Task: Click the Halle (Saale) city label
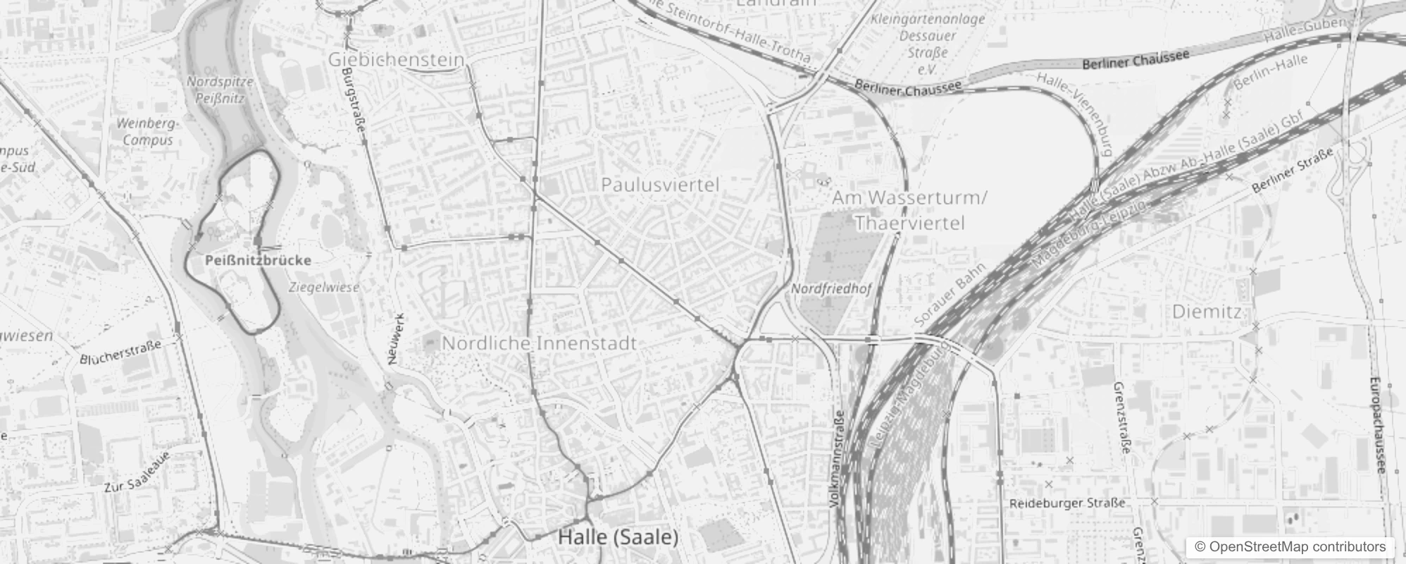(618, 537)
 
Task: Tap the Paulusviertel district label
(660, 185)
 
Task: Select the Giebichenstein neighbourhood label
(396, 60)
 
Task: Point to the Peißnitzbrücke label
(258, 260)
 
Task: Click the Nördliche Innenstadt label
(539, 343)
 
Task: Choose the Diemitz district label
(1207, 311)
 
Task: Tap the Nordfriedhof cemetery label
(831, 288)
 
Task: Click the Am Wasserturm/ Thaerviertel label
(909, 210)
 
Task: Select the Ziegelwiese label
(324, 287)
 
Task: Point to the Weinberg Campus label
(147, 132)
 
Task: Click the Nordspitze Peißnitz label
(220, 90)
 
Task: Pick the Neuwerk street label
(397, 338)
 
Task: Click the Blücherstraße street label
(120, 351)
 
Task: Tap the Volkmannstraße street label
(837, 459)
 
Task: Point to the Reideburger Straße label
(1066, 503)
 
